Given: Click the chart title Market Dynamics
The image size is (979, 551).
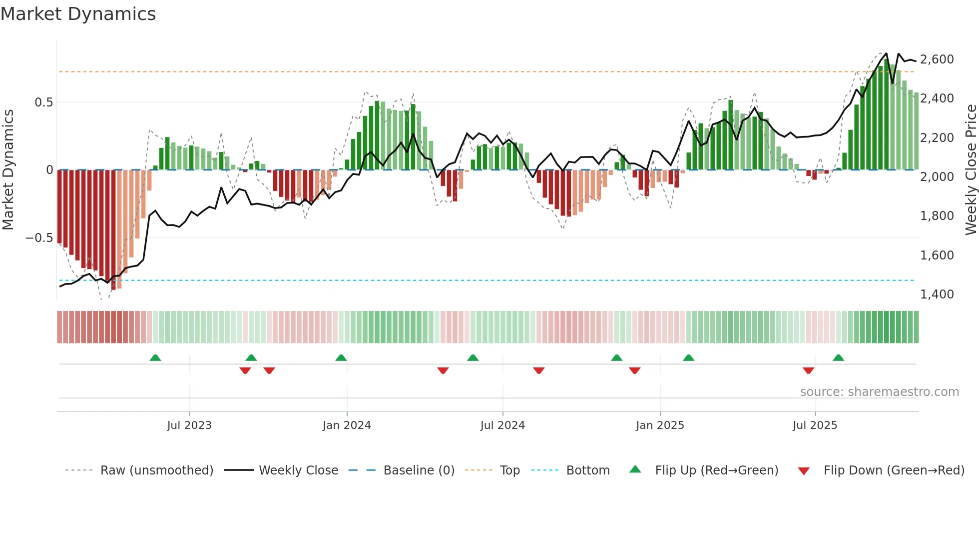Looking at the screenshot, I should (78, 14).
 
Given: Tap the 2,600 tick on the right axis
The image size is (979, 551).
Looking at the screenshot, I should (937, 59).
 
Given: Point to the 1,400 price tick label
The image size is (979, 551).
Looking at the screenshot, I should (937, 294).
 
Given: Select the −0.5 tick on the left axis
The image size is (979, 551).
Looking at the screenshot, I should (39, 238).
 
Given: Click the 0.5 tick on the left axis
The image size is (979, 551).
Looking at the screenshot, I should (43, 102).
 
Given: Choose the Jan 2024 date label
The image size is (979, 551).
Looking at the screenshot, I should (347, 425).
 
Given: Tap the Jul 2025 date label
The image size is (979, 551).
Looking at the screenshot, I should (815, 425).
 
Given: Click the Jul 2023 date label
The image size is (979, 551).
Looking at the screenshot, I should (189, 425).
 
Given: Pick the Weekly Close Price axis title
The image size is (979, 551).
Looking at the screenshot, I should (971, 170).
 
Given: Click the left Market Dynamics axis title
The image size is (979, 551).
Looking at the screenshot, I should (8, 170).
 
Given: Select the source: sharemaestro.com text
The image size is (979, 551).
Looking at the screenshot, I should (879, 392).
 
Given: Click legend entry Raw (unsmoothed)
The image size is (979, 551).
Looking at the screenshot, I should (156, 470).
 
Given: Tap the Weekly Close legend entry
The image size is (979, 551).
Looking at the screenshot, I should (298, 470).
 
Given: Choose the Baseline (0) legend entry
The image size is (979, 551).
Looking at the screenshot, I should (419, 470).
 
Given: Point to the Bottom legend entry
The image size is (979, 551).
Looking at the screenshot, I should (587, 470).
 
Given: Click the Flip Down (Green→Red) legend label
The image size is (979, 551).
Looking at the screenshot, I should (894, 470).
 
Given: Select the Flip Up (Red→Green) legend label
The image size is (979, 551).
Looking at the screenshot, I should (716, 470).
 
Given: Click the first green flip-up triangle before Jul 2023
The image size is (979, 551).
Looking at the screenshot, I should (155, 358).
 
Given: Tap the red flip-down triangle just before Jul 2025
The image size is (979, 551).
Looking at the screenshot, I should (808, 370).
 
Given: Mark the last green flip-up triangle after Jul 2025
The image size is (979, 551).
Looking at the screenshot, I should (838, 358).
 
